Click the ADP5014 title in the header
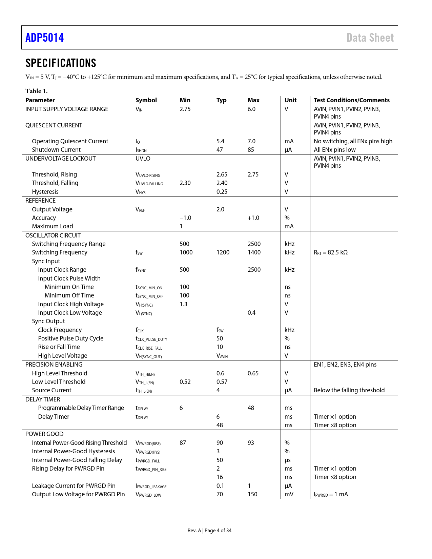pyautogui.click(x=45, y=38)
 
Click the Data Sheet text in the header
pyautogui.click(x=370, y=38)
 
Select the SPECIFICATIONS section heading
pyautogui.click(x=61, y=63)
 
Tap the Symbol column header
pyautogui.click(x=146, y=100)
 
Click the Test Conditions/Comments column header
pyautogui.click(x=351, y=100)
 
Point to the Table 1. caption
pyautogui.click(x=37, y=91)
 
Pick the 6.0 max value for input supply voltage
pyautogui.click(x=251, y=109)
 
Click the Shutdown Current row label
pyautogui.click(x=56, y=150)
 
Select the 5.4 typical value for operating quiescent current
pyautogui.click(x=220, y=141)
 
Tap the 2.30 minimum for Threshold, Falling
pyautogui.click(x=185, y=183)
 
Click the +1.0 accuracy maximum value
pyautogui.click(x=253, y=218)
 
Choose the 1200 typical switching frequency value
pyautogui.click(x=223, y=252)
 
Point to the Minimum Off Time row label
pyautogui.click(x=69, y=295)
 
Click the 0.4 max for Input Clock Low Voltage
pyautogui.click(x=251, y=313)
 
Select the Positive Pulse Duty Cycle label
pyautogui.click(x=70, y=338)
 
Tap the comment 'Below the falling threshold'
pyautogui.click(x=349, y=390)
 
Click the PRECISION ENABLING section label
pyautogui.click(x=54, y=365)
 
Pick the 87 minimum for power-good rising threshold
pyautogui.click(x=183, y=443)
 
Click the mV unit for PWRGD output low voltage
pyautogui.click(x=289, y=494)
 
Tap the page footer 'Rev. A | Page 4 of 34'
pyautogui.click(x=209, y=531)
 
